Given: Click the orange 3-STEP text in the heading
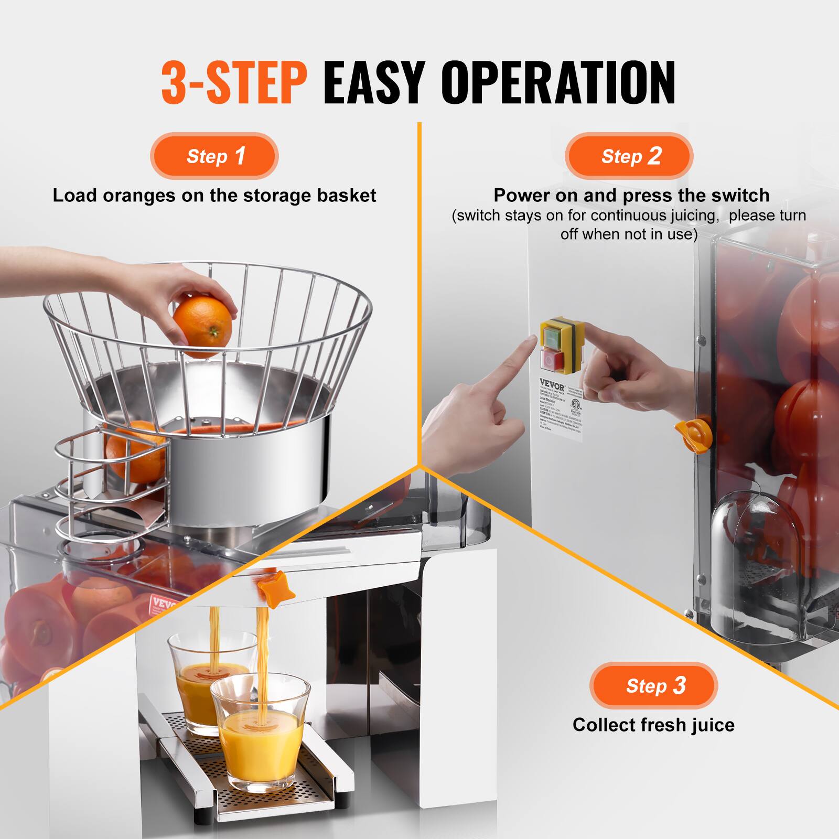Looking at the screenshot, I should [x=234, y=83].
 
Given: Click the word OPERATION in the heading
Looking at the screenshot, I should [x=558, y=83].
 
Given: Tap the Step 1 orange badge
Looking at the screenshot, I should [x=214, y=156].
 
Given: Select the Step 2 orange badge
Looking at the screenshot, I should [x=629, y=156].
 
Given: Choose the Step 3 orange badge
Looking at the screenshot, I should [x=653, y=686].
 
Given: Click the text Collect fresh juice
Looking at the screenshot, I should [x=653, y=725].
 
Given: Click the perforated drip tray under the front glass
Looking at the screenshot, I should [x=273, y=797].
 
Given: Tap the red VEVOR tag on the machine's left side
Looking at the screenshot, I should [x=164, y=605].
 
